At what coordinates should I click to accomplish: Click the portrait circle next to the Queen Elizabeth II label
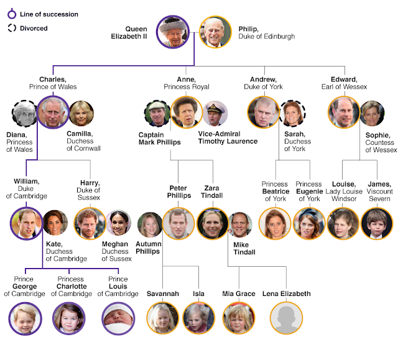point(174,32)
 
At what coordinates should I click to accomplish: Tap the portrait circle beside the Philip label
point(215,32)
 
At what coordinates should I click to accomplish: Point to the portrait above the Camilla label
point(81,113)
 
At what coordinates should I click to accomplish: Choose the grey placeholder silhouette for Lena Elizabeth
point(285,318)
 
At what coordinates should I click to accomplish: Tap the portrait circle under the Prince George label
point(25,318)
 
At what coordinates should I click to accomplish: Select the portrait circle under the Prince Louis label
point(118,318)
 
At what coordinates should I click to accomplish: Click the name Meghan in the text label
point(116,244)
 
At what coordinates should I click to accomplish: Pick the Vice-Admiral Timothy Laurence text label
point(228,137)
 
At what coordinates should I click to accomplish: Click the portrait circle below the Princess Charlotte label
point(68,318)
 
